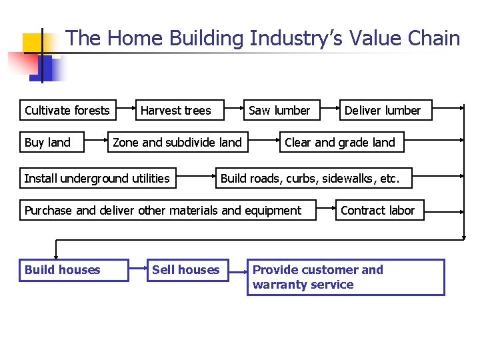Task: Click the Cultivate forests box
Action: (67, 110)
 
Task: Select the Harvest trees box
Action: (176, 110)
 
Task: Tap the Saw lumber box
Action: (279, 110)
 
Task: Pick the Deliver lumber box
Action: (383, 110)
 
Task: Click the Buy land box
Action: (47, 142)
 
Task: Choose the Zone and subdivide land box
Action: (177, 142)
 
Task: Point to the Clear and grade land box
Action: (340, 142)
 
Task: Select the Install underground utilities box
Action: (97, 178)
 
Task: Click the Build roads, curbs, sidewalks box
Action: (311, 178)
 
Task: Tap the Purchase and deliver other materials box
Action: (163, 211)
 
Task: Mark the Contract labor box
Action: (377, 211)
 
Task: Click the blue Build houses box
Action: (73, 270)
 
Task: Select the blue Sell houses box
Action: (186, 270)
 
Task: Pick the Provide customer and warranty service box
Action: (345, 277)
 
